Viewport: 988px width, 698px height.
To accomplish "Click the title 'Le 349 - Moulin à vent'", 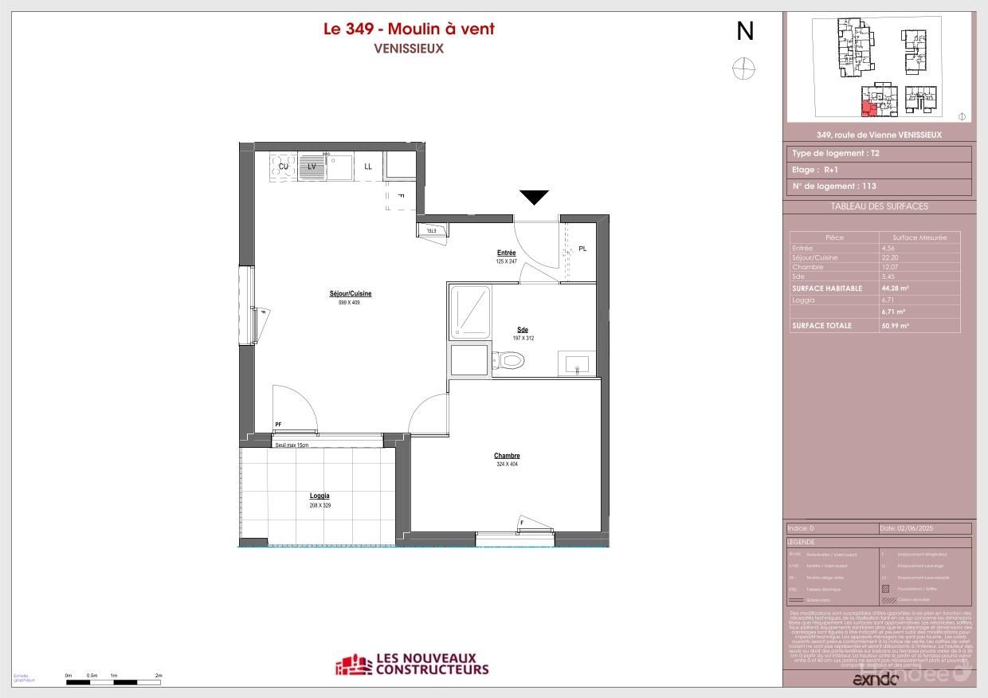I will pos(409,29).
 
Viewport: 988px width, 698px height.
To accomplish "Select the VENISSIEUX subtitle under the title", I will pos(409,48).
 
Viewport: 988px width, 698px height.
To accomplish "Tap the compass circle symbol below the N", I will pos(743,69).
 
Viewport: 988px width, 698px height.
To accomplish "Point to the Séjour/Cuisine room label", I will pos(351,294).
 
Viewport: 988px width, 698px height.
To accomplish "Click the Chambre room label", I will pos(507,456).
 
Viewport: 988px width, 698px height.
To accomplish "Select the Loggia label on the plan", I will pos(320,496).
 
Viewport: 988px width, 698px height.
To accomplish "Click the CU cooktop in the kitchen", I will pos(283,167).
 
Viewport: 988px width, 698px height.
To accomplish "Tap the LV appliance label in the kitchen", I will pos(312,167).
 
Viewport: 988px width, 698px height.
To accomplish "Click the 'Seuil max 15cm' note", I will pos(292,445).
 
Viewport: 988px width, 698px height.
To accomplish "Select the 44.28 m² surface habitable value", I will pos(896,288).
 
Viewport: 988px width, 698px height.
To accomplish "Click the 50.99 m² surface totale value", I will pos(896,326).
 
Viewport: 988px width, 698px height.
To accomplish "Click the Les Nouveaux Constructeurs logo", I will pos(412,665).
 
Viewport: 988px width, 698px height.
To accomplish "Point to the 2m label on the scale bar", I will pos(159,675).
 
